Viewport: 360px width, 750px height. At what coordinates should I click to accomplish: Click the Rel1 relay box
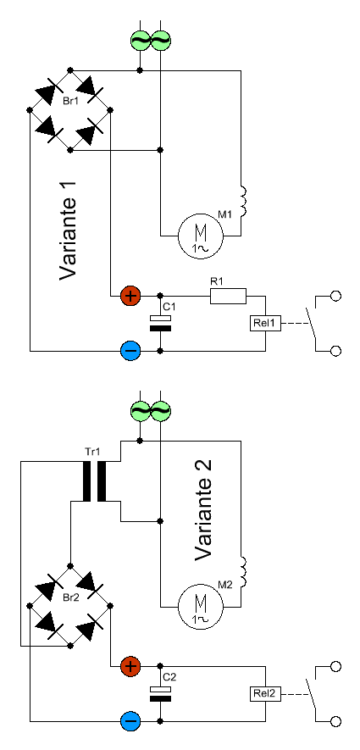click(264, 324)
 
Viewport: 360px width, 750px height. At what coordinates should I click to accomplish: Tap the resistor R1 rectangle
click(229, 297)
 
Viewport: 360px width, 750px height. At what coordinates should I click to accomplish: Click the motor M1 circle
click(200, 236)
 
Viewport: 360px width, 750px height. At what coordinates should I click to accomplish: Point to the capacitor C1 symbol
click(160, 324)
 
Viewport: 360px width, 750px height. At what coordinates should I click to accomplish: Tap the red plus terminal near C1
click(130, 296)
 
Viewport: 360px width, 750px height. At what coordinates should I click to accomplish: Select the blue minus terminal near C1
click(130, 351)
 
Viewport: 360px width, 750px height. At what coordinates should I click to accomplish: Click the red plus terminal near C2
click(130, 666)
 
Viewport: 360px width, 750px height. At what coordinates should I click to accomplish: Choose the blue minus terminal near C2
click(130, 721)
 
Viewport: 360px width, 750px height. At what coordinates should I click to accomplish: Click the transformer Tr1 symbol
click(94, 481)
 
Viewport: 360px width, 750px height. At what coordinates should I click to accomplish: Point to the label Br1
click(70, 103)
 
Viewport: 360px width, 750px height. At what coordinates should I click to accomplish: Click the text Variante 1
click(68, 231)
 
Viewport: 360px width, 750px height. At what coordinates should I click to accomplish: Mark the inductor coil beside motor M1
click(243, 201)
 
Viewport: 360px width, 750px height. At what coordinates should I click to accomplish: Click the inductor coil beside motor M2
click(243, 571)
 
